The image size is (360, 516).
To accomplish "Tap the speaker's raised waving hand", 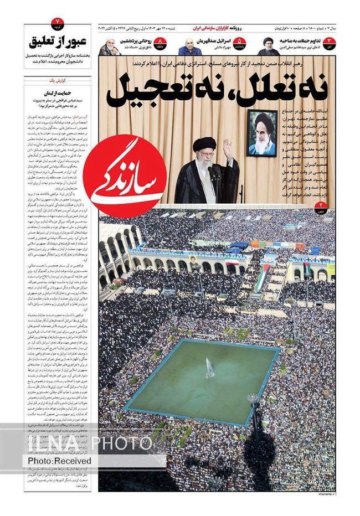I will [x=227, y=148].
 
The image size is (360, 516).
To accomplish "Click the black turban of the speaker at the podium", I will [x=204, y=145].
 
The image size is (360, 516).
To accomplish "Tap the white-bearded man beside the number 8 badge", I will [x=110, y=47].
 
